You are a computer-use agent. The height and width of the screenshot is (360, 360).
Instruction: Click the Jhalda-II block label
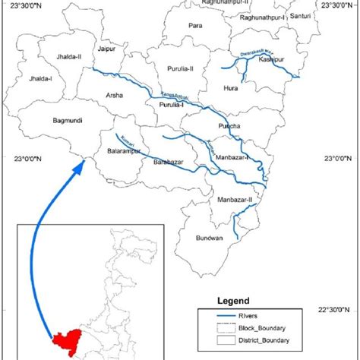(69, 56)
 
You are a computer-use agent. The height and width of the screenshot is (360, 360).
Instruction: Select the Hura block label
(230, 88)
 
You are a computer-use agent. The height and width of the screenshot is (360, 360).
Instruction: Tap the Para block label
(195, 26)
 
